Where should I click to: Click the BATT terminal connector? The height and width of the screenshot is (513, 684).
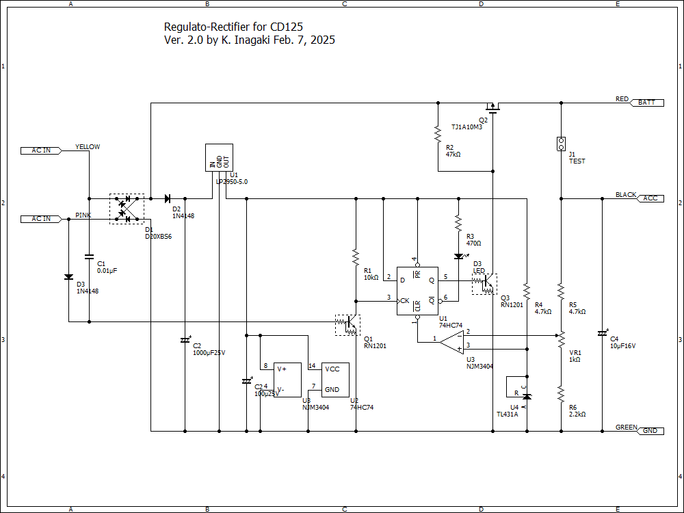tap(646, 103)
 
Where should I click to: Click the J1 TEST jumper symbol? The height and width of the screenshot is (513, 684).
tap(561, 144)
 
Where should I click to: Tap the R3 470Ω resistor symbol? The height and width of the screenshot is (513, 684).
tap(458, 223)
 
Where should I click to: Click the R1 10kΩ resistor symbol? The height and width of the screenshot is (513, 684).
tap(356, 257)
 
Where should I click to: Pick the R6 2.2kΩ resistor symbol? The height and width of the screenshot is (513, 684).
tap(561, 393)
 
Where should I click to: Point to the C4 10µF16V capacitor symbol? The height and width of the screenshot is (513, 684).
tap(602, 333)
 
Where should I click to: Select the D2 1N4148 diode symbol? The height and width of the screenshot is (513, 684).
tap(167, 198)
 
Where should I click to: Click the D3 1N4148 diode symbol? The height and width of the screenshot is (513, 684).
tap(68, 277)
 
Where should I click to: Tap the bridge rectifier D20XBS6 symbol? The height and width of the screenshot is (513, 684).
tap(127, 208)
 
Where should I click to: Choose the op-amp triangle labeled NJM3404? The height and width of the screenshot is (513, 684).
tap(451, 339)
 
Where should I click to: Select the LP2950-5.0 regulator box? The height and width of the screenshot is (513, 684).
tap(219, 158)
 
